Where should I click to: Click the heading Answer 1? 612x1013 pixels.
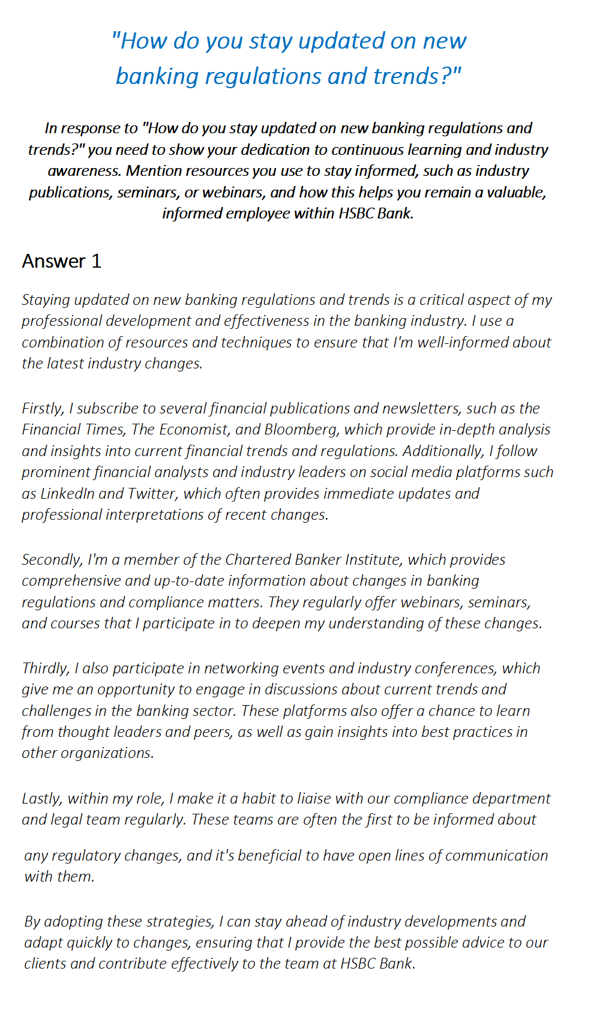(62, 261)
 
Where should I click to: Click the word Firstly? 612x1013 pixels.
(42, 408)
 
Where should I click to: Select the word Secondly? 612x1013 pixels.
(52, 560)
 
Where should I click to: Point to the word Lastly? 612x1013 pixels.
(41, 799)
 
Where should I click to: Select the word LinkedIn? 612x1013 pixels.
(67, 494)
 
